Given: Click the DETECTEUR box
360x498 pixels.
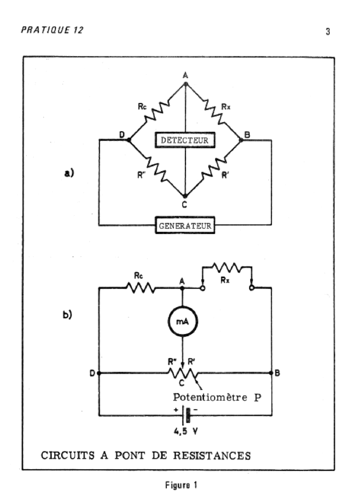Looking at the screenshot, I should coord(185,141).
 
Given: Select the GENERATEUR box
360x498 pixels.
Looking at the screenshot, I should coord(185,225).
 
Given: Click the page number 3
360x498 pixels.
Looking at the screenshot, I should coord(328,33).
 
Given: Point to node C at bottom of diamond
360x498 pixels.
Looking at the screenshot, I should coord(185,196).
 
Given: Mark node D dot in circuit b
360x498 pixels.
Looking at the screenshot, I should coord(99,373).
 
